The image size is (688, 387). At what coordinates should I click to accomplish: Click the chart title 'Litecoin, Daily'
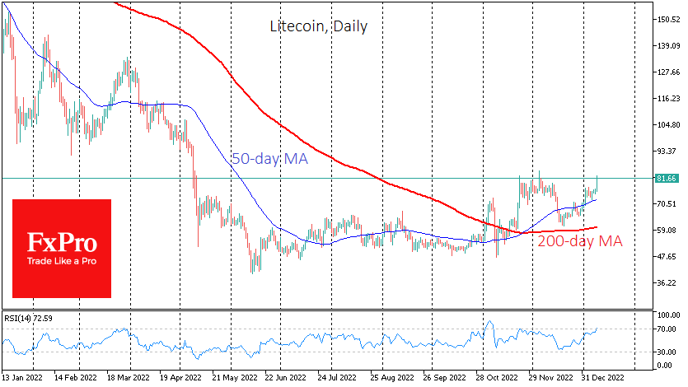(x=319, y=26)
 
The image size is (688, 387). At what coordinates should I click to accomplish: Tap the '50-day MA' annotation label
(x=269, y=159)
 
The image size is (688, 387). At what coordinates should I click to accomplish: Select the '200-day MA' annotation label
(x=580, y=241)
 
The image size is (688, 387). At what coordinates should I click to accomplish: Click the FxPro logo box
(x=62, y=248)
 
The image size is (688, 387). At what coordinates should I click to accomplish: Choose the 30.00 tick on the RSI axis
(x=666, y=352)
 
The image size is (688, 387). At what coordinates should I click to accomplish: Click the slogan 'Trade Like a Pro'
(x=62, y=262)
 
